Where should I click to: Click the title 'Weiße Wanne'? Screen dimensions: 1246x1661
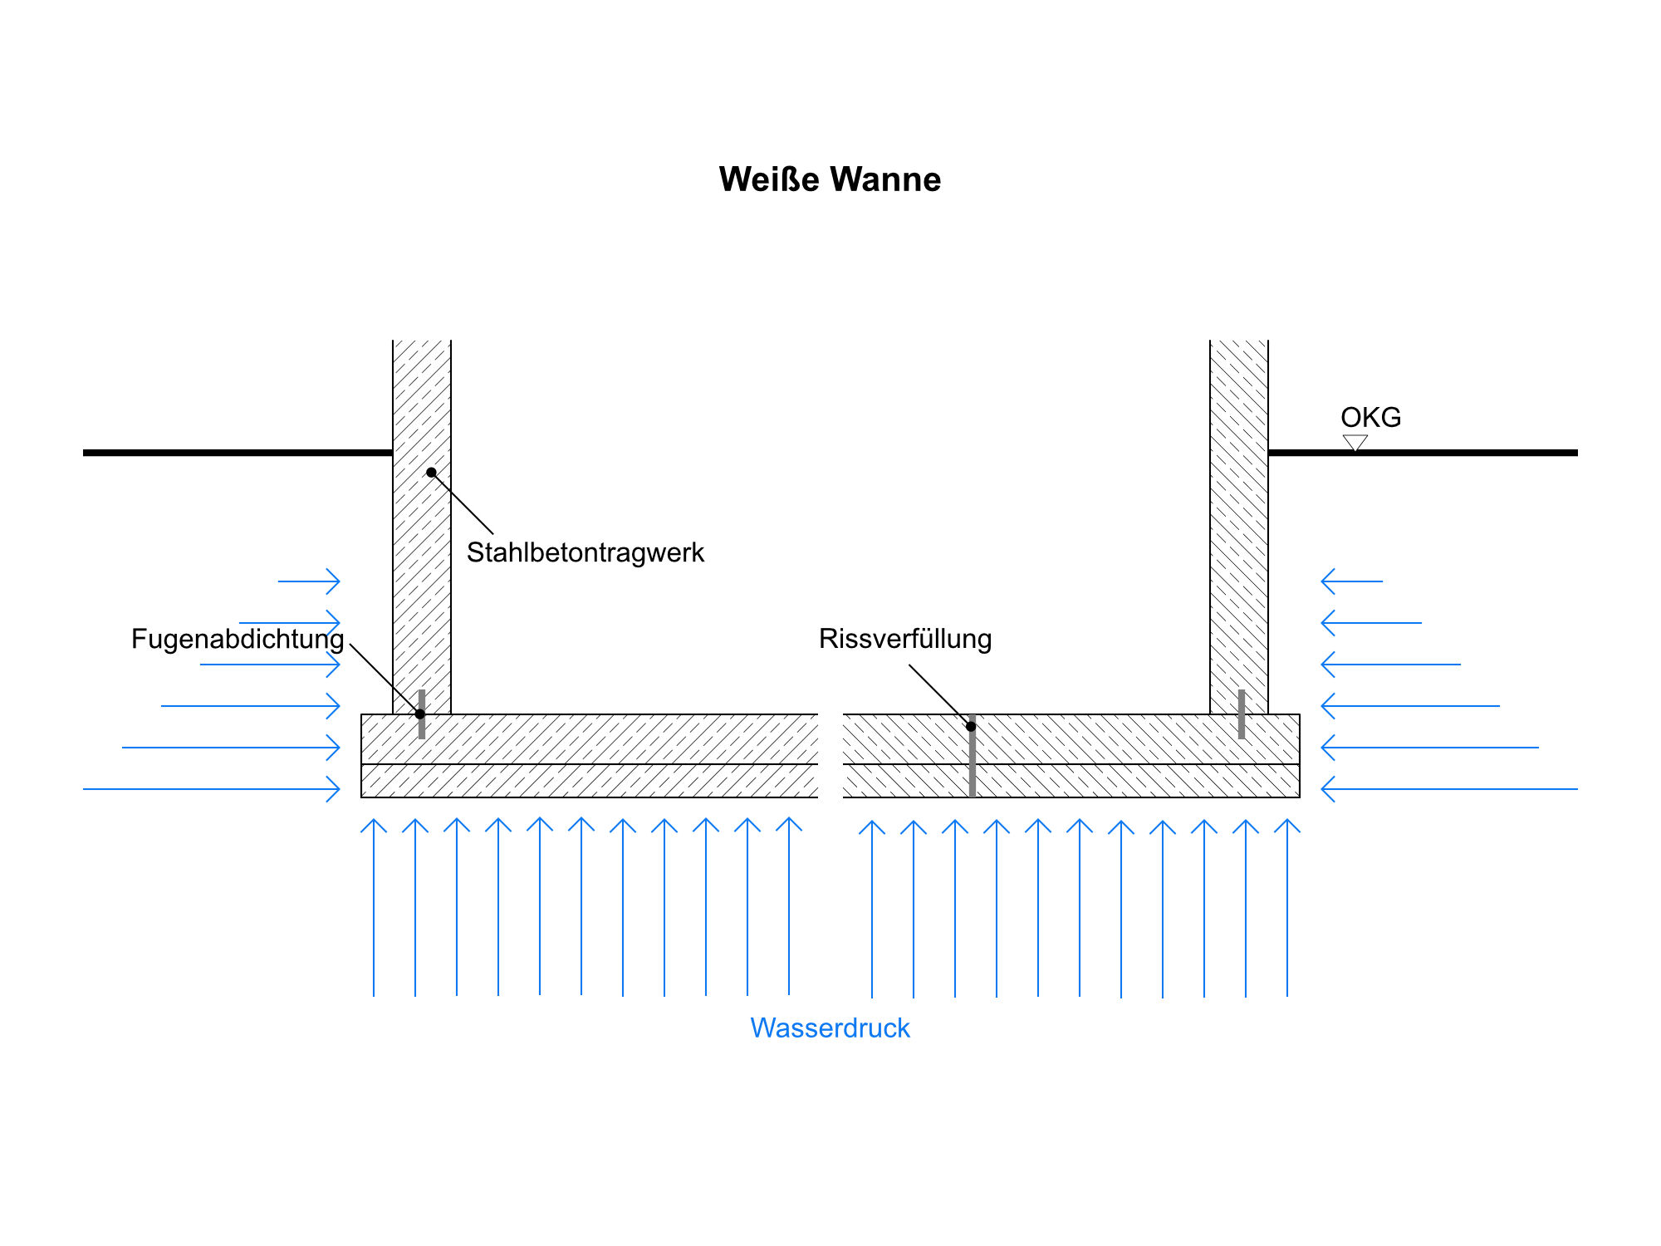pos(830,179)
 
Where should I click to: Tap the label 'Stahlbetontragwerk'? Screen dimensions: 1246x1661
pos(585,552)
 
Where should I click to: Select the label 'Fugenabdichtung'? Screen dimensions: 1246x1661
pos(238,639)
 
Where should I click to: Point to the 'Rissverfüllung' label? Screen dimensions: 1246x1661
pos(905,639)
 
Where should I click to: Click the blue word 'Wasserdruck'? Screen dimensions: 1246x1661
pos(830,1028)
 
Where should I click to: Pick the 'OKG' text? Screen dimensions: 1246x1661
pos(1370,417)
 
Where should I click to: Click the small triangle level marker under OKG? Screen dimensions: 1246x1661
pos(1355,443)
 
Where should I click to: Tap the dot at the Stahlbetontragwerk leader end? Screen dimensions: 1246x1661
pos(431,473)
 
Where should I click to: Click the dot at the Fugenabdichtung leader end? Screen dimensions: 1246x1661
pos(420,714)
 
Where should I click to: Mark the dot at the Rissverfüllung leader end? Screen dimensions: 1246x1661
pos(971,727)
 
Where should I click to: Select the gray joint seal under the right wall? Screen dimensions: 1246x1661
pos(1242,714)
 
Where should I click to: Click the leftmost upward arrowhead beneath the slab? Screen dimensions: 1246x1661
pos(374,824)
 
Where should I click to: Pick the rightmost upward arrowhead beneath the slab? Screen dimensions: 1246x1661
pos(1287,824)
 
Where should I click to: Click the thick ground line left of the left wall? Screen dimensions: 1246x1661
pos(238,453)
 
